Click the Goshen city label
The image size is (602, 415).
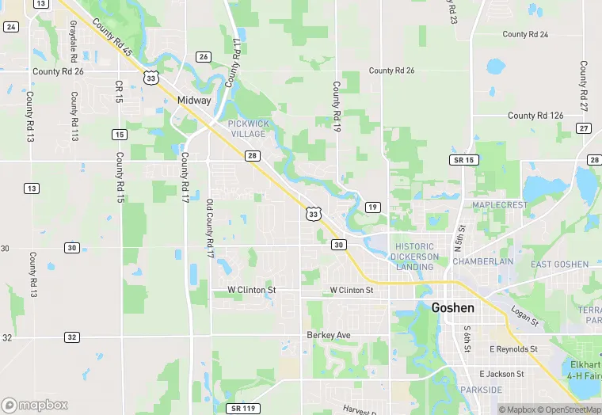pos(453,308)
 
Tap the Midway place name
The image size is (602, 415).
pos(194,101)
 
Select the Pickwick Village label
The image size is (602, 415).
pos(249,129)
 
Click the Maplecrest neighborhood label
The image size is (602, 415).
pos(499,205)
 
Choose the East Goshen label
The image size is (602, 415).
pos(559,265)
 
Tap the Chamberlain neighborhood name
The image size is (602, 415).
pos(483,261)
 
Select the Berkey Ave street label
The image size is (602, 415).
pos(328,336)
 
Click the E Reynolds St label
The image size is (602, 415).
pos(513,349)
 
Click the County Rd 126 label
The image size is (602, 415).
pos(535,116)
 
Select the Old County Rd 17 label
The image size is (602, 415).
pos(211,228)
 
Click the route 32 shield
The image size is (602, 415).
pos(72,337)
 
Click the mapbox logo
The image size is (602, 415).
pos(35,404)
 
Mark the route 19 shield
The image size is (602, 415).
pos(372,207)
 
